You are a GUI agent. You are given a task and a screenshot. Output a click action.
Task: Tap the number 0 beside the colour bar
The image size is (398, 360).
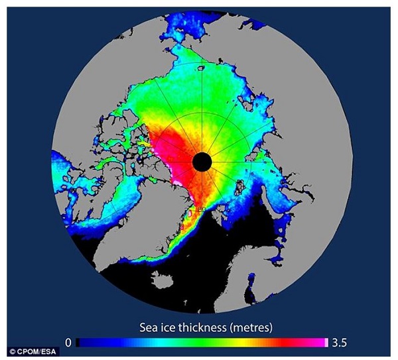68,342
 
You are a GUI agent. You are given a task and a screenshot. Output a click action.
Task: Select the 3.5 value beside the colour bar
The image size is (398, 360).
340,342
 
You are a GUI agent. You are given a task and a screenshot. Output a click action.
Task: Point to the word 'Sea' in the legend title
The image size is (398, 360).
151,327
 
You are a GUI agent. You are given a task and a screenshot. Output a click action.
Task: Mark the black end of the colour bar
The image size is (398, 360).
80,342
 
